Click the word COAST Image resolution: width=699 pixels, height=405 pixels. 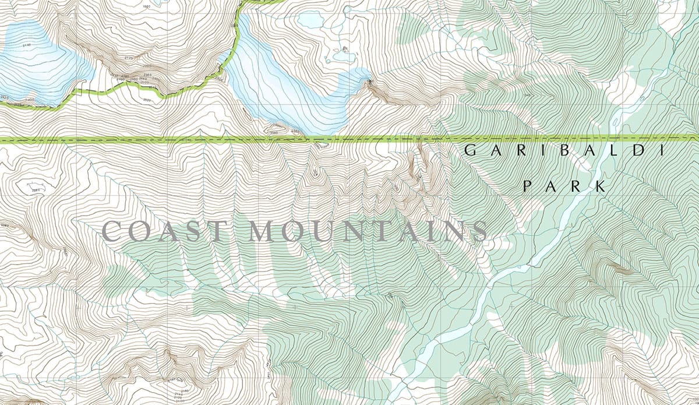click(x=163, y=232)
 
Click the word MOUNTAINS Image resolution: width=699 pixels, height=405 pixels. click(x=368, y=232)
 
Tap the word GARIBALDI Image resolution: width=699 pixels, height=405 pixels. click(x=564, y=151)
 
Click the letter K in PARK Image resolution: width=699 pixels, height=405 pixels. click(x=600, y=187)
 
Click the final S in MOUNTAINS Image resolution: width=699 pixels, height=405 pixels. click(x=479, y=232)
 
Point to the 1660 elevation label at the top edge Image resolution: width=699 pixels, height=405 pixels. click(x=146, y=6)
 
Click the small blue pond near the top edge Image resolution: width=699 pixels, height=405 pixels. click(x=310, y=20)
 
